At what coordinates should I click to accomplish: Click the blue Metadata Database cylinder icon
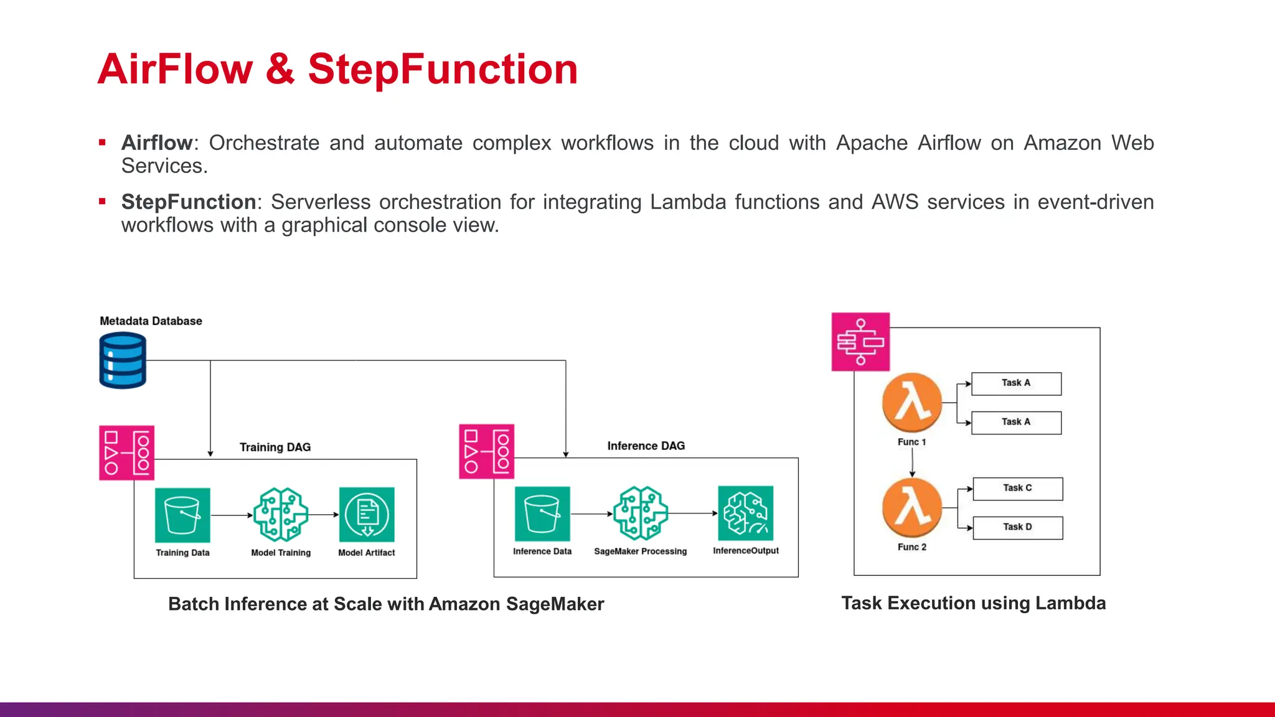123,360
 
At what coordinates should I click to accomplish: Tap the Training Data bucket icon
182,515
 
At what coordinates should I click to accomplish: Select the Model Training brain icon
281,515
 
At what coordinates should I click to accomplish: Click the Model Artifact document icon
367,515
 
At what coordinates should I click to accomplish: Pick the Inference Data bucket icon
542,513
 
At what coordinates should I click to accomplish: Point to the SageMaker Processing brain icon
641,513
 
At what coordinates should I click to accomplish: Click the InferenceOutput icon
745,513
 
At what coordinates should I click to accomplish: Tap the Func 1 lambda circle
912,403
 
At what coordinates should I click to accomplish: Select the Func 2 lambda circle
912,508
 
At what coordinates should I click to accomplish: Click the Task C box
1017,489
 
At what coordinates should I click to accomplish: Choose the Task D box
1017,528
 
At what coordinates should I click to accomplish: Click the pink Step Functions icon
860,342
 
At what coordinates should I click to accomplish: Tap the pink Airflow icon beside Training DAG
126,452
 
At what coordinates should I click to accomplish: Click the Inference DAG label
646,446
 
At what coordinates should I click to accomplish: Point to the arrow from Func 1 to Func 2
912,462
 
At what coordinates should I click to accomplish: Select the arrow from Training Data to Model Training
232,515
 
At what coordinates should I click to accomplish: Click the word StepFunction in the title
443,68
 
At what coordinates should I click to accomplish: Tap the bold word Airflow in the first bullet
157,143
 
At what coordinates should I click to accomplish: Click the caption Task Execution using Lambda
973,603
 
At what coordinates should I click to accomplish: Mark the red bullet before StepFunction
102,202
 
